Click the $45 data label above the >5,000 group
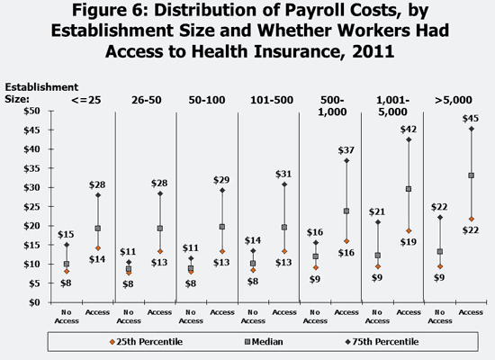471,119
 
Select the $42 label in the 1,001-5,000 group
409,130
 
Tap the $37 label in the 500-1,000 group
346,150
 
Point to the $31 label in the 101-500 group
283,174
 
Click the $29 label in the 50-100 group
221,180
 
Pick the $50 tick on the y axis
31,111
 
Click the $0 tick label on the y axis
34,302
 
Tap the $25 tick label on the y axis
31,207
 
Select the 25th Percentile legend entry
146,342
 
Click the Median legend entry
264,342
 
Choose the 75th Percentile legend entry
382,342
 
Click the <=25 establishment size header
86,100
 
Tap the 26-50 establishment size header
147,100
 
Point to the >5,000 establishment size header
454,100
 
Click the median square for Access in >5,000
472,175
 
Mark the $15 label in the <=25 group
66,234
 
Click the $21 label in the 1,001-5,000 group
377,211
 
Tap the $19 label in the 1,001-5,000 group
409,242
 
